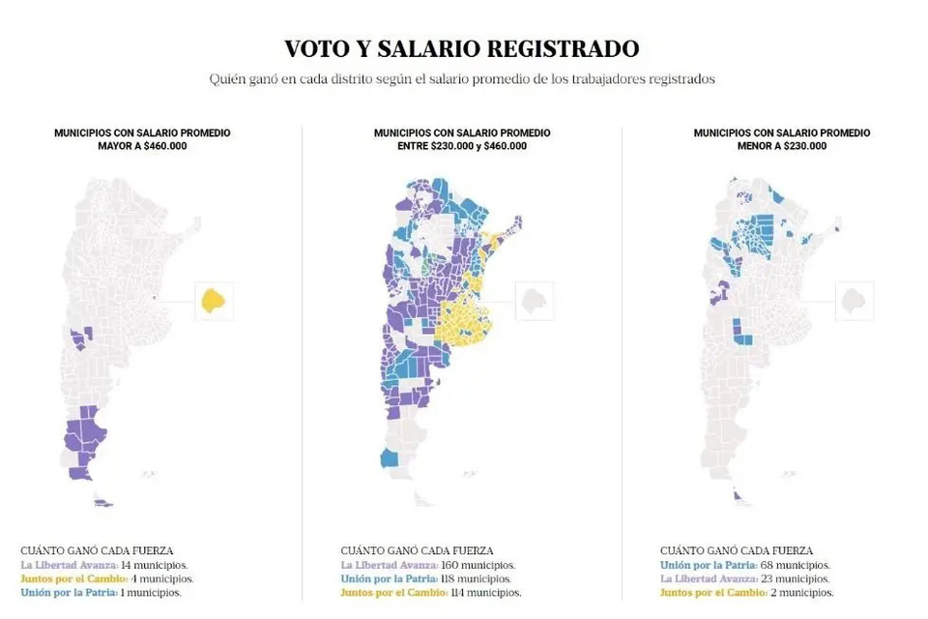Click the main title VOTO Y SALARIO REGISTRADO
pyautogui.click(x=461, y=48)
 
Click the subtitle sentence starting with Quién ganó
pyautogui.click(x=461, y=79)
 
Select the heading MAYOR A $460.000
pyautogui.click(x=142, y=146)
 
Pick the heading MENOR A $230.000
pyautogui.click(x=781, y=146)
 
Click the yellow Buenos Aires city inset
pyautogui.click(x=214, y=301)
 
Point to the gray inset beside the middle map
pyautogui.click(x=534, y=301)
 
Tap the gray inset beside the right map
pyautogui.click(x=854, y=301)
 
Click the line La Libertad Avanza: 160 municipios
pyautogui.click(x=427, y=565)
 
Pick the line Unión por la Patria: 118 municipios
pyautogui.click(x=426, y=578)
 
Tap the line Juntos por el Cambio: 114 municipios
pyautogui.click(x=430, y=592)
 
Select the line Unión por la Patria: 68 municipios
pyautogui.click(x=744, y=565)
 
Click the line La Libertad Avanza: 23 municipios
pyautogui.click(x=744, y=578)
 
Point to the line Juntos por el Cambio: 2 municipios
pyautogui.click(x=746, y=592)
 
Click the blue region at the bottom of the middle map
pyautogui.click(x=390, y=457)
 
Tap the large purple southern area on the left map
pyautogui.click(x=79, y=440)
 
